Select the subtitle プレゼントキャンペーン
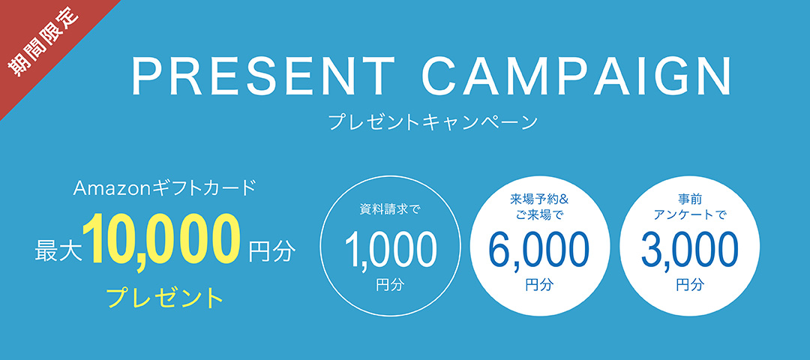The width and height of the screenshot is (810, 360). [x=433, y=122]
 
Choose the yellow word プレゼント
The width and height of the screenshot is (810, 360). [x=165, y=297]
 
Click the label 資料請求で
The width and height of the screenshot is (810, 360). [x=389, y=210]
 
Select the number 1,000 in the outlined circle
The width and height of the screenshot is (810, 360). [x=390, y=249]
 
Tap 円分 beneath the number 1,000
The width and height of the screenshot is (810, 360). [x=389, y=284]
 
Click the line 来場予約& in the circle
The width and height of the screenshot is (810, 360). [x=539, y=198]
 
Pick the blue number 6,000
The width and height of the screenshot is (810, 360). [x=538, y=249]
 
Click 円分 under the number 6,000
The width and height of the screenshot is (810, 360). [x=538, y=284]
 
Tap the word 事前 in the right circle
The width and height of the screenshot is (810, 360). [x=690, y=198]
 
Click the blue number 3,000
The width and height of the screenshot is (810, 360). [x=690, y=249]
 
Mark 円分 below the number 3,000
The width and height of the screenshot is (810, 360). [x=690, y=284]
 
